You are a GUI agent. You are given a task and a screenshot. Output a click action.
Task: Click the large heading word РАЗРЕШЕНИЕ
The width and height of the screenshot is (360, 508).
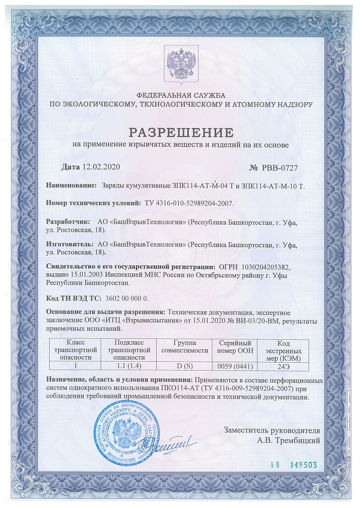point(180,132)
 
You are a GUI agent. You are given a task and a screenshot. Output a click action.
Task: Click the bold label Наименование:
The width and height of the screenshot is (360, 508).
point(71,185)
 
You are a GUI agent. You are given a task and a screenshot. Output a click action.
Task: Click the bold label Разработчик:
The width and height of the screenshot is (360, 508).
point(68,222)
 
